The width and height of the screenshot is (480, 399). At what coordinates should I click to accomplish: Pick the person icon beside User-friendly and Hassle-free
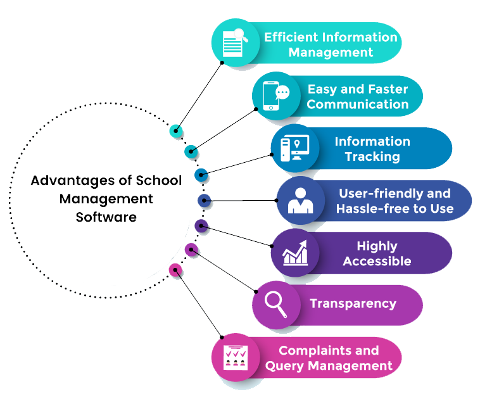tap(300, 200)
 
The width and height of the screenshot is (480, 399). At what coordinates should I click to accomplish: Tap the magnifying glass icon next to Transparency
tap(276, 304)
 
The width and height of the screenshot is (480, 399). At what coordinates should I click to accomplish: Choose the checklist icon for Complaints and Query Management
tap(235, 358)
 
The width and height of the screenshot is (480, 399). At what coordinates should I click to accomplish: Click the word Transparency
tap(353, 304)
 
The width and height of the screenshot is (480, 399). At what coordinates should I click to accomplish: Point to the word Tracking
tap(372, 156)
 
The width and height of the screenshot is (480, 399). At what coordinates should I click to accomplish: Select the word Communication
tap(358, 104)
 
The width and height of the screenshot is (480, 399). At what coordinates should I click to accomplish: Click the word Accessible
tap(377, 261)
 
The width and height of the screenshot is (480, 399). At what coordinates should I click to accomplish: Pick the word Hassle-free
tap(376, 208)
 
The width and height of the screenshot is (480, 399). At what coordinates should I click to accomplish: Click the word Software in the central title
tap(106, 217)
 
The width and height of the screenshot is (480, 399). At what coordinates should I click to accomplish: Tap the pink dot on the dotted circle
tap(175, 270)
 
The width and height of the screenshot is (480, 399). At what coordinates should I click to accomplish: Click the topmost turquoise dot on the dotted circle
tap(177, 132)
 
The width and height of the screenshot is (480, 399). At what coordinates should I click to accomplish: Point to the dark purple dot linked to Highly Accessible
tap(201, 225)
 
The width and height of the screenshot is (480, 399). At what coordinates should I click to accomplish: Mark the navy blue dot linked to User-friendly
tap(204, 200)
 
